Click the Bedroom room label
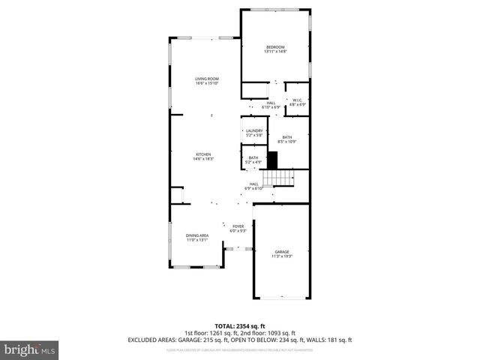coord(275,49)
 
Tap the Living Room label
coord(206,81)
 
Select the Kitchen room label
coord(203,156)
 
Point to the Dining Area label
coord(197,238)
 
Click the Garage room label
coord(281,253)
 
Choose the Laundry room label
coord(254,133)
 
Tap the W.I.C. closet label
coord(297,102)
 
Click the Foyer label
coord(238,228)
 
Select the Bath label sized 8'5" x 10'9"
coord(287,139)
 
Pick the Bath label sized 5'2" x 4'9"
coord(253,159)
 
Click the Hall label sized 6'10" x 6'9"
coord(271,105)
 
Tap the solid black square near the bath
coord(273,159)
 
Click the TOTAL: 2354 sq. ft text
coord(239,325)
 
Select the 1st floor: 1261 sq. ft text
coord(209,332)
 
